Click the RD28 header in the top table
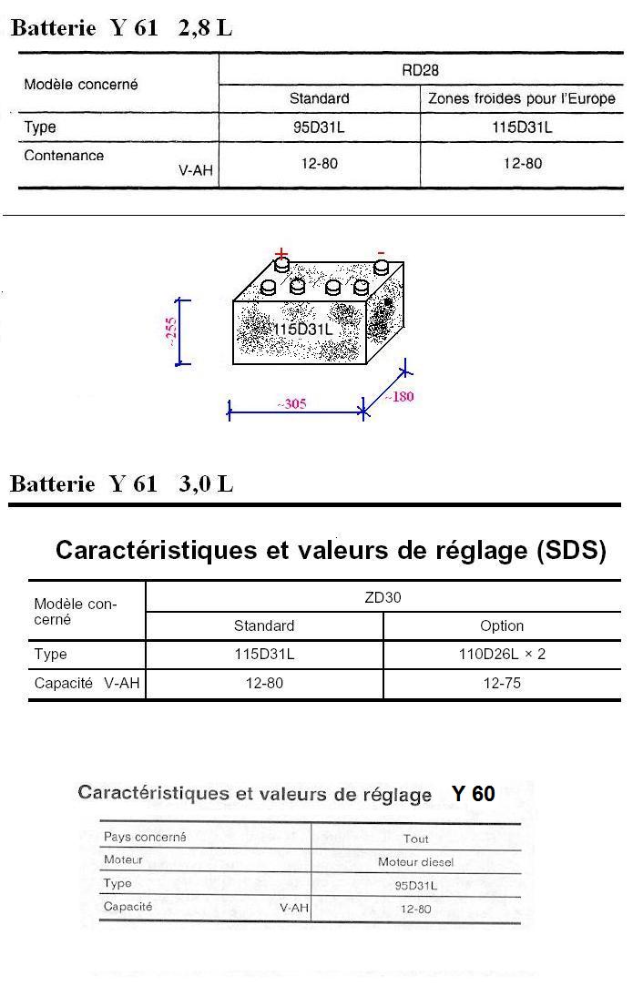(x=420, y=70)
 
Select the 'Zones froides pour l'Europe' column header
(x=522, y=98)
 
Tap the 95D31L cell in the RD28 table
(x=319, y=127)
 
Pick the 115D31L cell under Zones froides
(x=522, y=127)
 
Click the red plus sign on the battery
(x=281, y=253)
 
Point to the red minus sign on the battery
(x=382, y=253)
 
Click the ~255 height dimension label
(x=171, y=332)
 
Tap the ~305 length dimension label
(x=292, y=403)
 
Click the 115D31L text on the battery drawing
(x=303, y=330)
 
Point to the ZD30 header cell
(x=383, y=596)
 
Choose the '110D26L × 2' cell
(x=502, y=654)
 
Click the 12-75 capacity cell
(x=502, y=683)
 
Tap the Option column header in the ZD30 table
(x=502, y=625)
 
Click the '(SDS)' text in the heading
(x=571, y=550)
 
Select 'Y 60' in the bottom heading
(x=473, y=794)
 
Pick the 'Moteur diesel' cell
(x=415, y=861)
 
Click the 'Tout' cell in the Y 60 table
(x=416, y=839)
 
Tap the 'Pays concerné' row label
(x=145, y=837)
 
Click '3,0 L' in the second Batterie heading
(x=206, y=483)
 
